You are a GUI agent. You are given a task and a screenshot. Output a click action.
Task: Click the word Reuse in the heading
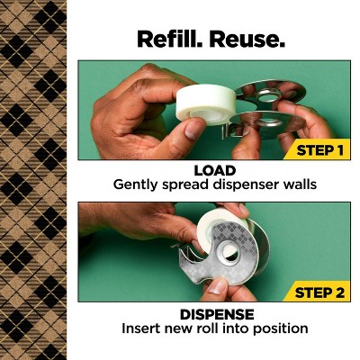tap(246, 39)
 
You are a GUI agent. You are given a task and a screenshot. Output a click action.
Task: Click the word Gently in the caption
tap(136, 184)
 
